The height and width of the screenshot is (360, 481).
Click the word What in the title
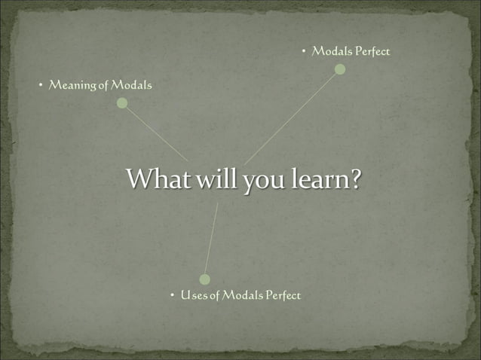pos(155,179)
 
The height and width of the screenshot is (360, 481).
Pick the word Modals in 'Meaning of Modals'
pos(131,85)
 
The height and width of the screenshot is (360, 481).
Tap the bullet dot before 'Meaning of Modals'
pos(41,86)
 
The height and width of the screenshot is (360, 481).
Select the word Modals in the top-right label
pos(332,51)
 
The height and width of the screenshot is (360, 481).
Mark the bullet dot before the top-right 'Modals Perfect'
pos(303,52)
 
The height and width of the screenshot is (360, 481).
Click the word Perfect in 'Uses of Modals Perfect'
pos(282,295)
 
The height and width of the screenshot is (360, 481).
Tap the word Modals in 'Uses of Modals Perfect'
pos(242,295)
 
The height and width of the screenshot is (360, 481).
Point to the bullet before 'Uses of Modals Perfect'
pos(172,295)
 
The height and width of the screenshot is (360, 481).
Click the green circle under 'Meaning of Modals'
pos(122,103)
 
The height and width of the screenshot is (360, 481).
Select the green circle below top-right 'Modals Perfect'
pos(340,69)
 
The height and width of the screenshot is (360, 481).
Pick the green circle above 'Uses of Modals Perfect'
pos(204,279)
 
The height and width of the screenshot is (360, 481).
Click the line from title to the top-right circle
pos(293,116)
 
